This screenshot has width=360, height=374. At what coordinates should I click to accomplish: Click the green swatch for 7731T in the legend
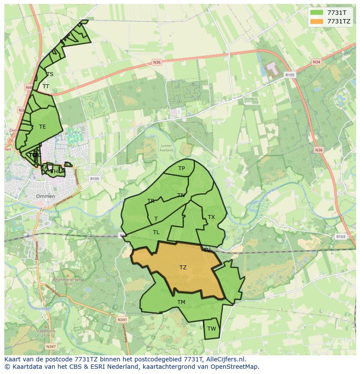(317, 13)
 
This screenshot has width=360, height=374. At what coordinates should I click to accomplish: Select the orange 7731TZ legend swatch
(317, 21)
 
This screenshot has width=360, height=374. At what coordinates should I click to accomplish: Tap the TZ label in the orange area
(183, 268)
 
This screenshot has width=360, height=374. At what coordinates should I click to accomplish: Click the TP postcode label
(181, 169)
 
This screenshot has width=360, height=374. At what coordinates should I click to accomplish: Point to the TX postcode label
(211, 217)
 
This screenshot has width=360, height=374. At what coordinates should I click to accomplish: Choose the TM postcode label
(181, 302)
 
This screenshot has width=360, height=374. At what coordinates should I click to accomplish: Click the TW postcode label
(211, 329)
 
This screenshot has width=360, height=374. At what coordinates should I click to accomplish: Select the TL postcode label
(156, 232)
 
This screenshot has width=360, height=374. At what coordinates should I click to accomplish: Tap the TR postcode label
(151, 201)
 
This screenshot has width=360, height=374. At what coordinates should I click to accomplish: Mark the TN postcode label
(181, 195)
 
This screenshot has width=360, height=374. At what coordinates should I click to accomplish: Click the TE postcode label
(42, 127)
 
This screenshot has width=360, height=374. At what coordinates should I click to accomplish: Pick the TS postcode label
(50, 74)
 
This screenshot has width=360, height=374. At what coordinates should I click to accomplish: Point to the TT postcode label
(46, 86)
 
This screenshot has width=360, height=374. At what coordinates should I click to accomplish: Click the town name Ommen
(45, 196)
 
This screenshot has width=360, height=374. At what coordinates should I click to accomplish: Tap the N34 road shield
(317, 62)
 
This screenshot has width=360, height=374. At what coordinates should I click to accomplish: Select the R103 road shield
(340, 237)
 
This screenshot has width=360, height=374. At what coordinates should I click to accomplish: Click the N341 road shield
(122, 320)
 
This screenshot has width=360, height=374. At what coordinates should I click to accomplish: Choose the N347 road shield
(50, 346)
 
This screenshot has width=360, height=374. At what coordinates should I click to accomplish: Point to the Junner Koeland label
(166, 148)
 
